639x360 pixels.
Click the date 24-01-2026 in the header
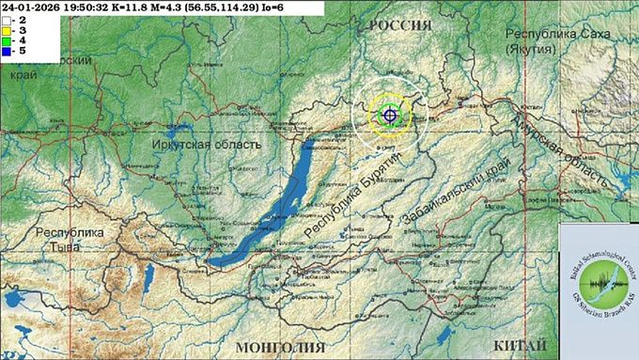(x=33, y=7)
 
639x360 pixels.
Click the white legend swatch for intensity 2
(x=7, y=19)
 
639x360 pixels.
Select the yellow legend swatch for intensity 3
(x=7, y=30)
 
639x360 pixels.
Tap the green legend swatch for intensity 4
(x=7, y=41)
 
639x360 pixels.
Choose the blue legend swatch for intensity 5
(x=7, y=53)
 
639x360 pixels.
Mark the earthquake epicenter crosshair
(x=389, y=115)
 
